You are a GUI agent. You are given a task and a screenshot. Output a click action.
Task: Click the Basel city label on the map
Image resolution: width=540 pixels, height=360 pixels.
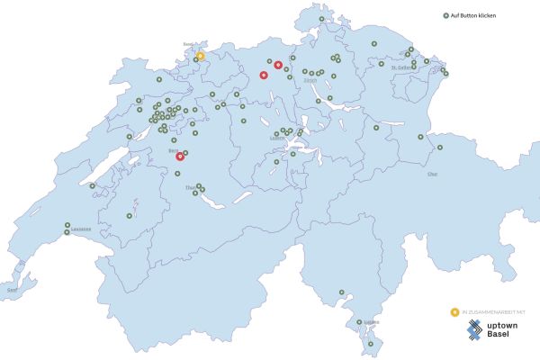coord(188,43)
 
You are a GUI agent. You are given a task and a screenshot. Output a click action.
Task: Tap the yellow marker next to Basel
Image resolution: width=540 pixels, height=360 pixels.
coord(201,56)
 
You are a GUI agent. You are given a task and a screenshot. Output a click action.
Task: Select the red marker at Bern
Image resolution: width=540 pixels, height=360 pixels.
coord(180,156)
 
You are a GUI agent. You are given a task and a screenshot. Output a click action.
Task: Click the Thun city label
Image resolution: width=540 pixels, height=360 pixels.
coord(189,187)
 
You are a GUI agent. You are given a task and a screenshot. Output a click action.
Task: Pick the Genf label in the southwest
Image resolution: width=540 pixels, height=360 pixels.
coord(12,290)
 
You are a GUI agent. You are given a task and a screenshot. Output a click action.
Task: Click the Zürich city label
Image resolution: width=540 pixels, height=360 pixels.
coord(311,82)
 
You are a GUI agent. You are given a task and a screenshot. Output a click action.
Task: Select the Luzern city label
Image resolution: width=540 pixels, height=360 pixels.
coord(277,139)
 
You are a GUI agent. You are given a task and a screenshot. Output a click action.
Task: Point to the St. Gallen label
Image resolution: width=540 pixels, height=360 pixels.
coord(401,67)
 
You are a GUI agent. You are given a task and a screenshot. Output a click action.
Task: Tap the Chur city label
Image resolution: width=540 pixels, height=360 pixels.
coord(433,173)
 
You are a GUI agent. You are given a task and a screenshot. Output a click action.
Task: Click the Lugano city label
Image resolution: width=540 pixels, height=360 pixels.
coord(372,322)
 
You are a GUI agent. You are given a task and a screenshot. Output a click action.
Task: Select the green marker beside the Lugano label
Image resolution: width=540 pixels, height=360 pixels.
coord(359,322)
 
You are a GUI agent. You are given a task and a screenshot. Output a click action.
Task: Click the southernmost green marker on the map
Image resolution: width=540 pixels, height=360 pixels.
coord(369,343)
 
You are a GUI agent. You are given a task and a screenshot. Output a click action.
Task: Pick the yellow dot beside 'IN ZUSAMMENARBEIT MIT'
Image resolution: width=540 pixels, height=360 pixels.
coord(454,311)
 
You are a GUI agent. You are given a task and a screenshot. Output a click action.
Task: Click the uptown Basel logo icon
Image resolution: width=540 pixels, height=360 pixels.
coord(473,330)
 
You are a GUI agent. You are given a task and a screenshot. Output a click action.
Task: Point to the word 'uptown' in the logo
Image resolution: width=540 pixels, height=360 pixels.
coord(502,325)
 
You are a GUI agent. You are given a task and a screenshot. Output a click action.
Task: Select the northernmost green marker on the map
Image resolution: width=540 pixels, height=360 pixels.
coord(321,18)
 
